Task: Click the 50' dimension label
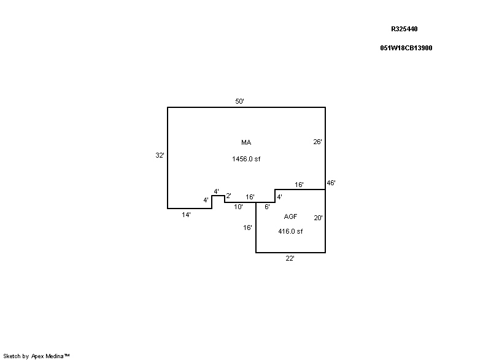(x=239, y=101)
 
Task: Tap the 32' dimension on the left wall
(x=160, y=155)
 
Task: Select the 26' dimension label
(x=317, y=142)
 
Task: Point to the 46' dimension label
(x=331, y=183)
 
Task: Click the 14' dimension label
(x=186, y=215)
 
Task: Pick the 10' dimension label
(x=238, y=207)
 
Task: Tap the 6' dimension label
(x=267, y=207)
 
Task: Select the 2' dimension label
(x=228, y=196)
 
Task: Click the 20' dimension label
(x=318, y=218)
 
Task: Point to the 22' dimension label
(x=290, y=258)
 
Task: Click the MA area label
(x=246, y=143)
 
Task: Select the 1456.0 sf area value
(x=246, y=159)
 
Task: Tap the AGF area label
(x=290, y=216)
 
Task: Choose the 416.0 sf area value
(x=290, y=231)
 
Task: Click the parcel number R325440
(x=404, y=29)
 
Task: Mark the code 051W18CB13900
(x=406, y=48)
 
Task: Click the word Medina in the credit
(x=55, y=356)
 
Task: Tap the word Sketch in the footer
(x=12, y=356)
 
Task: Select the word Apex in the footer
(x=37, y=356)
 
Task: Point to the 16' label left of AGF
(x=247, y=228)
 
